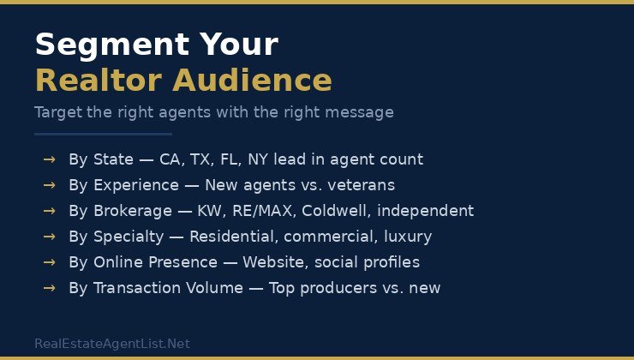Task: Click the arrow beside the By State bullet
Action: (x=49, y=159)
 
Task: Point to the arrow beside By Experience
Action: (x=49, y=185)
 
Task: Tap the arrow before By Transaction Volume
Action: (x=49, y=288)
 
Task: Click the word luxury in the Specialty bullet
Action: (x=406, y=237)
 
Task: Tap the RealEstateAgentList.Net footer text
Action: (x=112, y=344)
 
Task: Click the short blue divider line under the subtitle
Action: (x=103, y=134)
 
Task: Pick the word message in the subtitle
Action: (x=362, y=112)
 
